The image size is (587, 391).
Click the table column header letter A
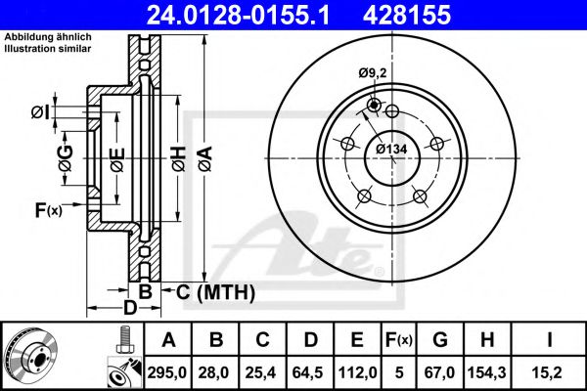click(168, 340)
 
